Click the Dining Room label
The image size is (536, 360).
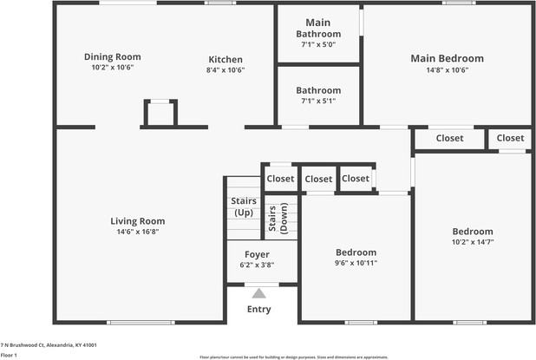113,56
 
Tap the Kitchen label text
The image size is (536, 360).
225,60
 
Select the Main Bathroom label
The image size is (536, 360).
317,28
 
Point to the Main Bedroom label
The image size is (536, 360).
447,58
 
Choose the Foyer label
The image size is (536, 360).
257,254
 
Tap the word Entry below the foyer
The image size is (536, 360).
258,309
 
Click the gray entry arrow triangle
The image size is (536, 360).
258,293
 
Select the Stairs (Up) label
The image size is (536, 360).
243,206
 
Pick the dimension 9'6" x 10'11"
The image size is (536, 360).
356,263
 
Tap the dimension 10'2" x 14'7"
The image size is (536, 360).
473,243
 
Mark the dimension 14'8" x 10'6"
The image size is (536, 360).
447,70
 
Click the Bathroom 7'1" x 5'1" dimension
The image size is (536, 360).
317,101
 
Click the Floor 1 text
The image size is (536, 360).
10,355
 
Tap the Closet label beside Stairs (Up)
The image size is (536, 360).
280,179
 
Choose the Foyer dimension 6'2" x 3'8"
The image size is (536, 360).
257,265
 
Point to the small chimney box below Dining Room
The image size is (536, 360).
159,114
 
